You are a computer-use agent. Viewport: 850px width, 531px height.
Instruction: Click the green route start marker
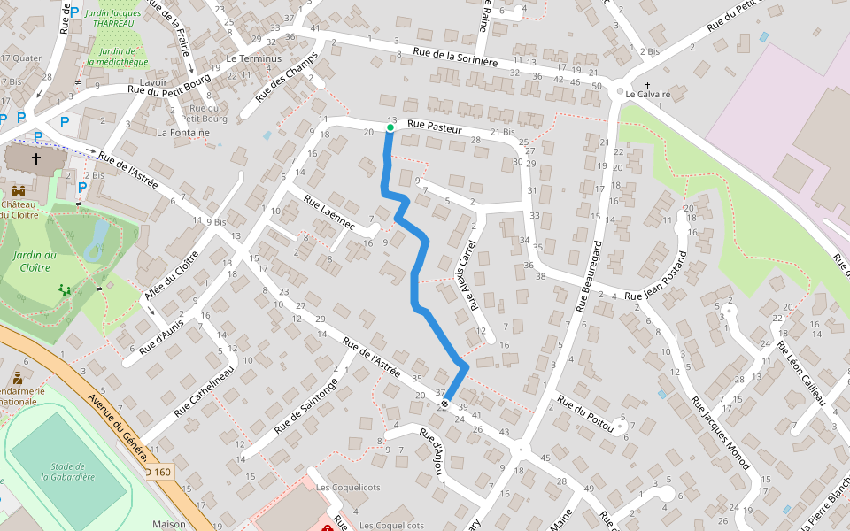click(390, 127)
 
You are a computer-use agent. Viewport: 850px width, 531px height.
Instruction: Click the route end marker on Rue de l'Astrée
click(444, 403)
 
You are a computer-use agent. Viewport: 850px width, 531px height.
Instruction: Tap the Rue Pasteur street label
click(435, 128)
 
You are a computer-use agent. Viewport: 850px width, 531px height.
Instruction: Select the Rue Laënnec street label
click(328, 213)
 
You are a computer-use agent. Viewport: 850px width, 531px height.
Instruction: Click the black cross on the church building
click(36, 159)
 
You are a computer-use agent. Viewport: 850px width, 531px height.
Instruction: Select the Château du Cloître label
click(18, 209)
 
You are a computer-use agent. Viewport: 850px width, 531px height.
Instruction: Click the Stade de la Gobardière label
click(67, 471)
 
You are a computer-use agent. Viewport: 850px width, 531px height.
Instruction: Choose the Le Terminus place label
click(253, 58)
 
